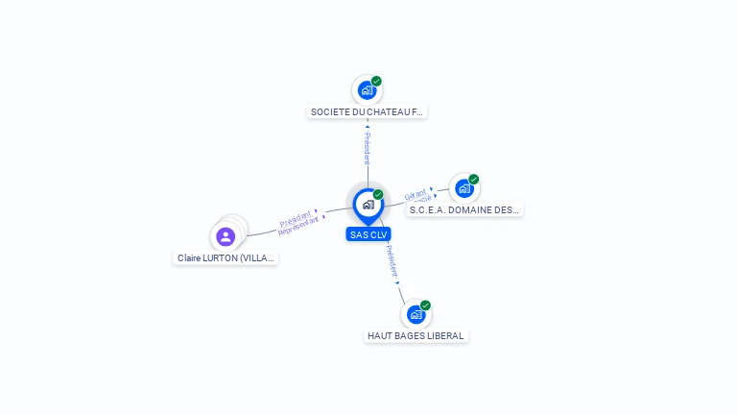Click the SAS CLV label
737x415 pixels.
pos(368,234)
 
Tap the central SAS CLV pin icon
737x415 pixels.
pos(368,205)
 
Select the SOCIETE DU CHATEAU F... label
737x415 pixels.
pos(367,112)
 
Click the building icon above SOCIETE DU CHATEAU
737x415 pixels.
pos(366,90)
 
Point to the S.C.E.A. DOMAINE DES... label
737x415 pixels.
pos(464,210)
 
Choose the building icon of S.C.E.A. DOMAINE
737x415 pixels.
pos(464,188)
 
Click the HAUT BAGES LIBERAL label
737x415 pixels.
pos(416,336)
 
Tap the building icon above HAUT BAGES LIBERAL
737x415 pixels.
pos(416,314)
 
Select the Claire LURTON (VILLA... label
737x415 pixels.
pos(226,258)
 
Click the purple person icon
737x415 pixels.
pos(226,236)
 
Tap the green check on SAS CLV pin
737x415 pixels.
pos(378,195)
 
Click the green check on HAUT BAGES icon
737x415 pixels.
pos(425,305)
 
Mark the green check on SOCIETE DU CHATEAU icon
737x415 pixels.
pos(376,82)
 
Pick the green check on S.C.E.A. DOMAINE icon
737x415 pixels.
pos(473,180)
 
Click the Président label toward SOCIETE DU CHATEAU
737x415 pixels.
pos(367,148)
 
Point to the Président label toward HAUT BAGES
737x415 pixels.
pos(392,262)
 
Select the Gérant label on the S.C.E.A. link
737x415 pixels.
pos(416,194)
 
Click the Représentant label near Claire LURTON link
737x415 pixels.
pos(298,226)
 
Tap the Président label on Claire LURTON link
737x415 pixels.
pos(295,216)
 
